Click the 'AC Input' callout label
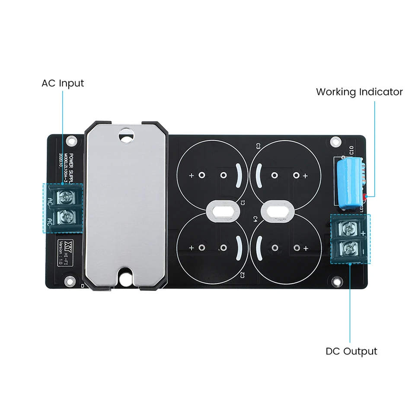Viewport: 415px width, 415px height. tap(63, 83)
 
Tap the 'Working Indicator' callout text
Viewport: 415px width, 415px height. tap(359, 92)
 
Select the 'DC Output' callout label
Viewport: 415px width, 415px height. tap(351, 351)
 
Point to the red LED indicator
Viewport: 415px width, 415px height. tap(365, 198)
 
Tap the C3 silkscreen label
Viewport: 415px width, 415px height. tap(258, 146)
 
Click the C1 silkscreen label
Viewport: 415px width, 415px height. tap(243, 203)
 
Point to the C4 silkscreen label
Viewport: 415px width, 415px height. tap(255, 219)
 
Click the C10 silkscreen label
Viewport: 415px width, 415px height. tap(351, 151)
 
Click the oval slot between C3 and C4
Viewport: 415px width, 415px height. tap(278, 211)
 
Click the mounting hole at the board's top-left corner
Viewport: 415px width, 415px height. tap(72, 141)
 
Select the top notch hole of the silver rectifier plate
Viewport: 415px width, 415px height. tap(126, 136)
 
